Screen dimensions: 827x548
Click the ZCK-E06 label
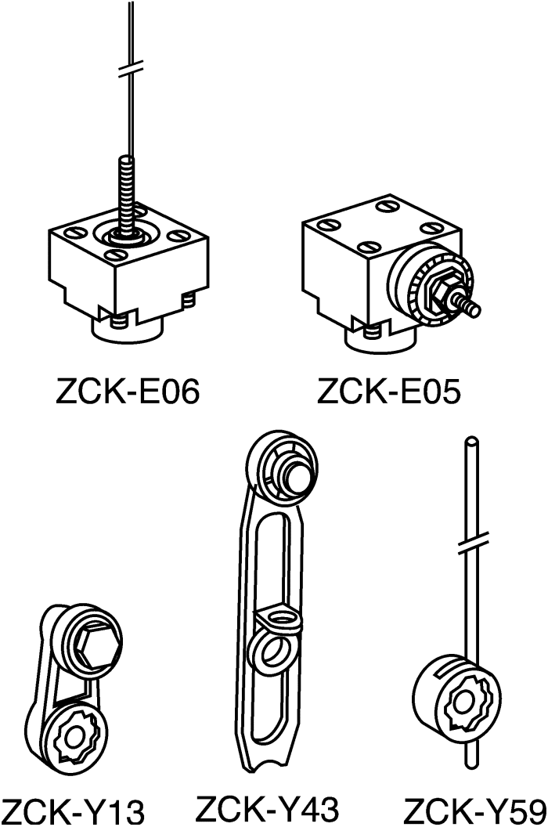pyautogui.click(x=128, y=390)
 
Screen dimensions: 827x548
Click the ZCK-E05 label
pyautogui.click(x=389, y=390)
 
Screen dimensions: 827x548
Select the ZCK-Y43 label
pyautogui.click(x=267, y=807)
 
